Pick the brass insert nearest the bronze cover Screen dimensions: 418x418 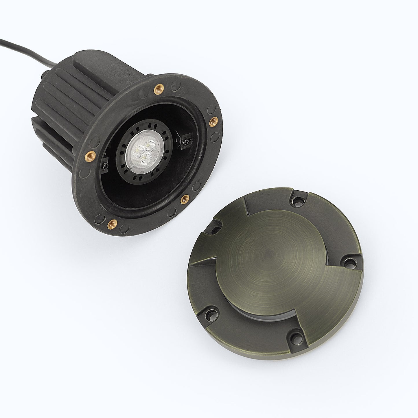click(184, 199)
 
